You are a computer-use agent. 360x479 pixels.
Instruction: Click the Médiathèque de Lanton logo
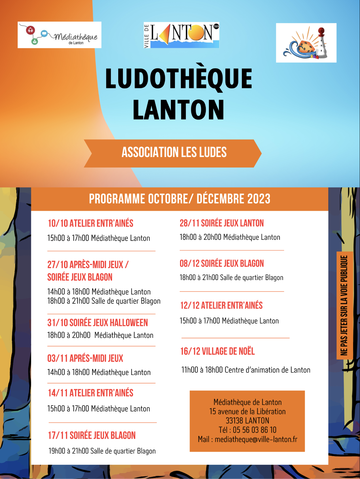(60, 35)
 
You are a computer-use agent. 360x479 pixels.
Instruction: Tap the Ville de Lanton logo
(181, 35)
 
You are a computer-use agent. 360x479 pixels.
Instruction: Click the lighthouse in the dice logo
(322, 43)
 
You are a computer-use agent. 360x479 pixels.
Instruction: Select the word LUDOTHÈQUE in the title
(179, 79)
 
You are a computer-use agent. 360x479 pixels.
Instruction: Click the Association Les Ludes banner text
(174, 152)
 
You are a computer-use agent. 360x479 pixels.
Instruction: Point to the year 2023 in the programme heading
(259, 199)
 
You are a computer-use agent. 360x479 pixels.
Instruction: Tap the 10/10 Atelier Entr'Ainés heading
(90, 223)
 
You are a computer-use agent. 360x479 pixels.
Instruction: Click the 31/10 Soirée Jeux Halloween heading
(98, 323)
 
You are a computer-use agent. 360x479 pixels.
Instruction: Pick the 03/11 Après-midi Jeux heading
(85, 358)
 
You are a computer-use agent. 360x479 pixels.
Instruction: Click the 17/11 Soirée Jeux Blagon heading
(92, 435)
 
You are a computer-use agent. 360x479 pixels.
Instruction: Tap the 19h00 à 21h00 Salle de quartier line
(102, 451)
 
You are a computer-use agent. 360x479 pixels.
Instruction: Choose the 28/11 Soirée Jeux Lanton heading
(222, 223)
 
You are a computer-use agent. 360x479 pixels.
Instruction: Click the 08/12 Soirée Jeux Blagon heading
(222, 264)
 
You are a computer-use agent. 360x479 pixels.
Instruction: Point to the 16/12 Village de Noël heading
(217, 351)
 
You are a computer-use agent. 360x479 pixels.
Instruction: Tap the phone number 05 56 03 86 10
(254, 430)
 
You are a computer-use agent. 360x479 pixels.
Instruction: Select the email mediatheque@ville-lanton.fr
(256, 439)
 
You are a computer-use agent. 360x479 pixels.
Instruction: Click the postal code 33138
(234, 421)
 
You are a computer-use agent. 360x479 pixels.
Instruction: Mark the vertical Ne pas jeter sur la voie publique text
(344, 305)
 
